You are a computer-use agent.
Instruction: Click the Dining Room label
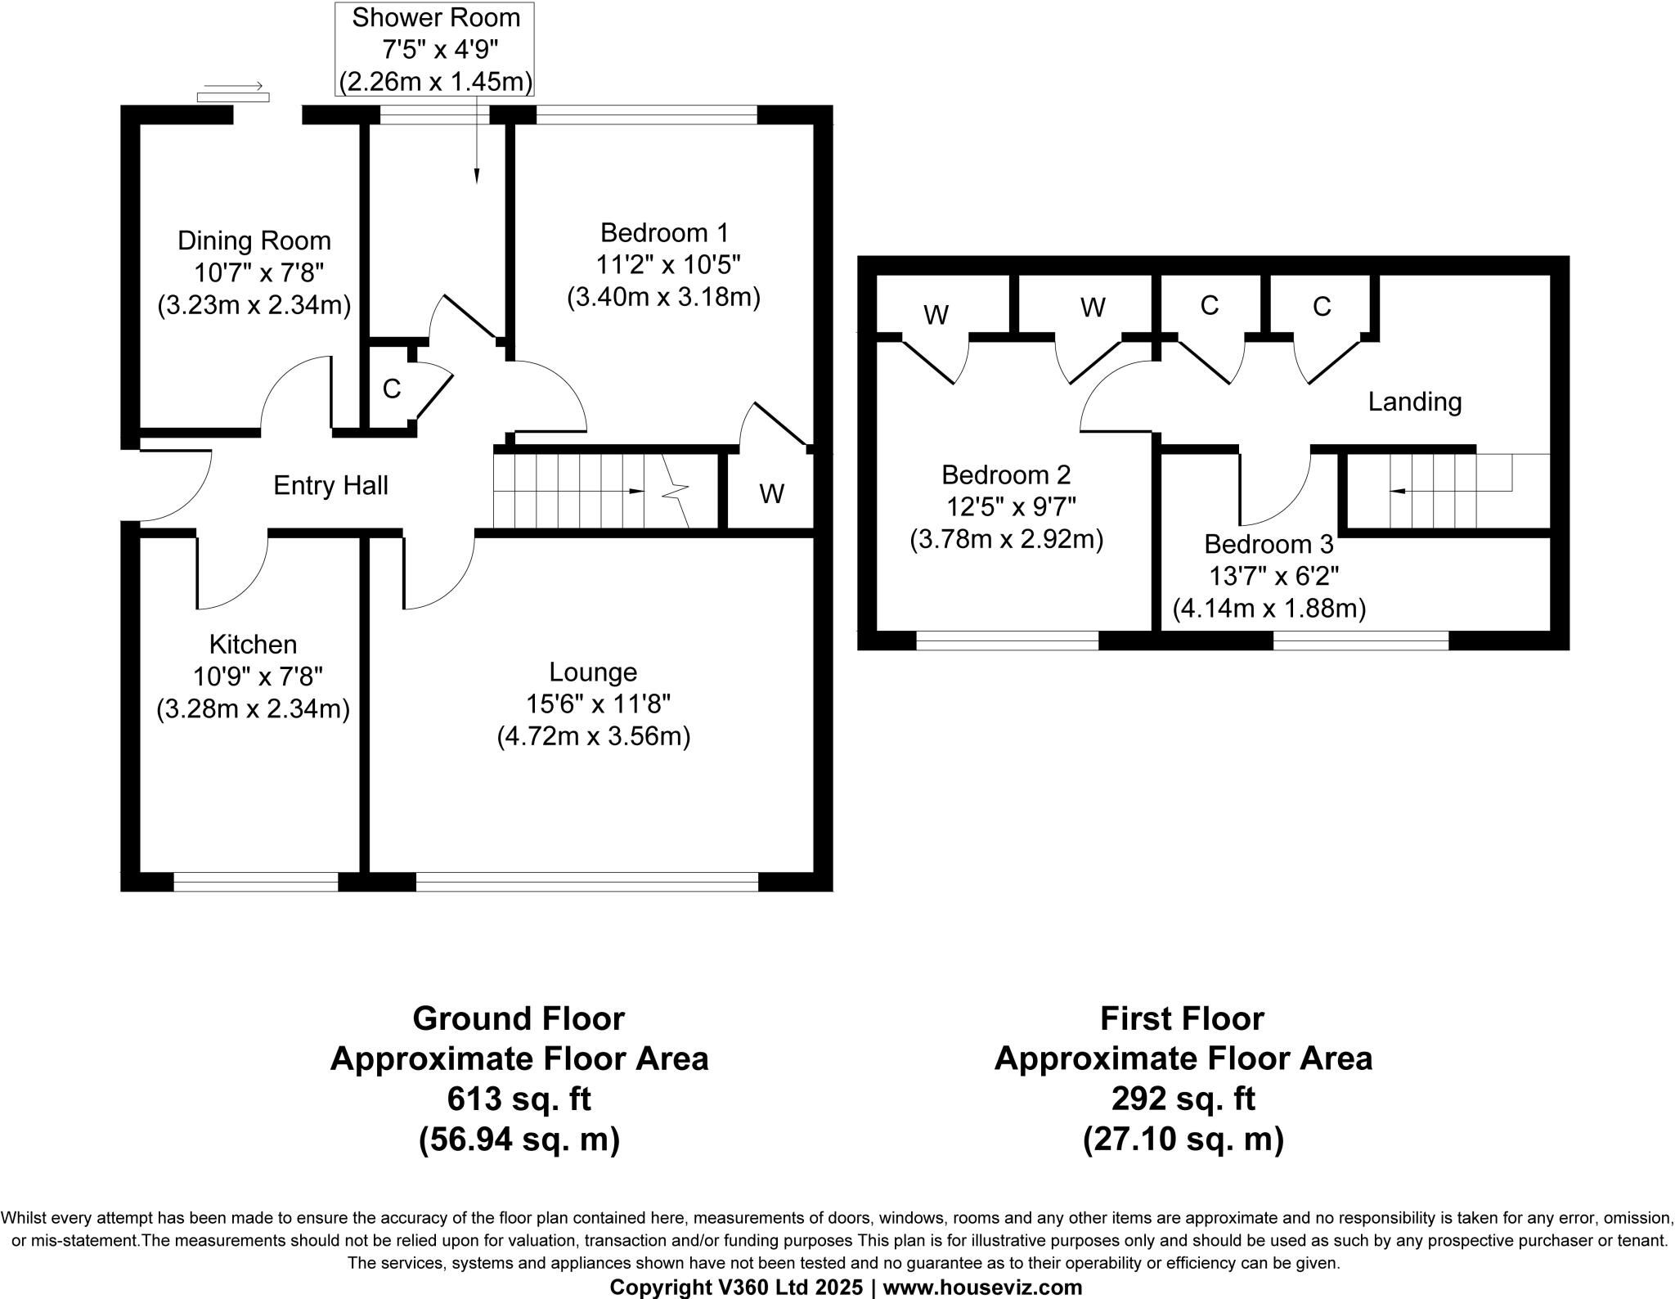254,240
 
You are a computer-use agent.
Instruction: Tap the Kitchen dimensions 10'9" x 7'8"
258,676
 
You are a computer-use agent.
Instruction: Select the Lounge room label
593,672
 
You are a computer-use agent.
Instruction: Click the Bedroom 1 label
664,233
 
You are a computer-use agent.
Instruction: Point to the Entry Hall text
330,486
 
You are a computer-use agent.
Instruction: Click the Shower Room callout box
436,49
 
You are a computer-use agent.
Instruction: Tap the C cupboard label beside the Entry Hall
392,389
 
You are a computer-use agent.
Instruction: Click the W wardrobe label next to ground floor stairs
771,494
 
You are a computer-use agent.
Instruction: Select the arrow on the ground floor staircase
634,491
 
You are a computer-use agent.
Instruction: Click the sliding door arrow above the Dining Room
233,85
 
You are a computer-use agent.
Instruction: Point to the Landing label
1415,402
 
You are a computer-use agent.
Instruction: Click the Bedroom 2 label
1006,474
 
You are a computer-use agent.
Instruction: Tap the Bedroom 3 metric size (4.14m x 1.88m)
1269,609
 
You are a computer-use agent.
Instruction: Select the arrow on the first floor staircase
1399,491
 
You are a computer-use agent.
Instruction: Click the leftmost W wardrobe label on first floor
936,315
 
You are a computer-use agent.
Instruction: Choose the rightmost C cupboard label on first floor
1322,307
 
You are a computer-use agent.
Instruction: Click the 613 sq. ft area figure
519,1099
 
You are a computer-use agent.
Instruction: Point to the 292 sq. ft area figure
1183,1099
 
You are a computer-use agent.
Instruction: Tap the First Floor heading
1182,1019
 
